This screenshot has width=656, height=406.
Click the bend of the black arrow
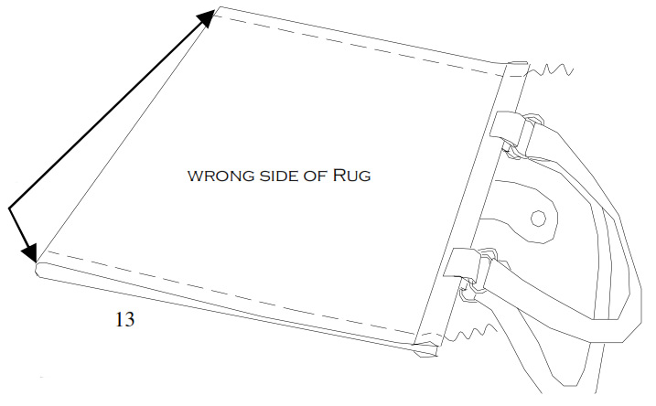10,210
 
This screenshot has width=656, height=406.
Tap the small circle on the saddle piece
538,218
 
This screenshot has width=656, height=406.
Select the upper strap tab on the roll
506,133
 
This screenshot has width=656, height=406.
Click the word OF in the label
317,176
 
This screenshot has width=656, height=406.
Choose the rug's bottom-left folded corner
41,267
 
